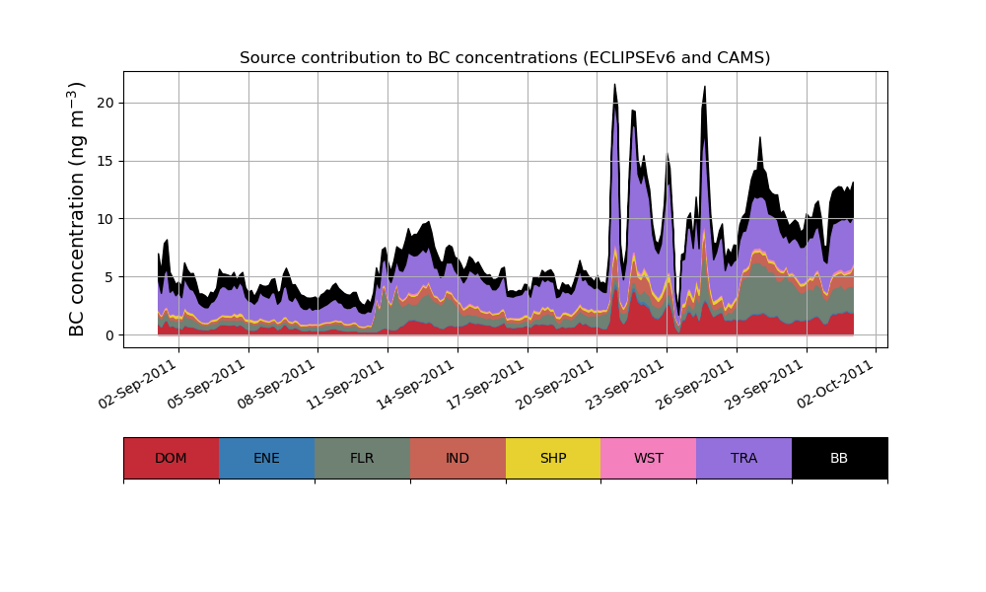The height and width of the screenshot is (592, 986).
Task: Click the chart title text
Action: [505, 58]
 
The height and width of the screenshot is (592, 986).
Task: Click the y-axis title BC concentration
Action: [78, 209]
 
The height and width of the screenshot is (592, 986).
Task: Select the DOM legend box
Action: [171, 458]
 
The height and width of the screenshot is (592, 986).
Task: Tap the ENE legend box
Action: [266, 458]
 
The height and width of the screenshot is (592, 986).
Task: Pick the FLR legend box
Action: [362, 458]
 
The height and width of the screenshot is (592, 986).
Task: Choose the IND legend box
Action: [458, 458]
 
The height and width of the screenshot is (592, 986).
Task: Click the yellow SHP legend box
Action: [553, 458]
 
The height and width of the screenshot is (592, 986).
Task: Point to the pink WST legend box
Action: [649, 458]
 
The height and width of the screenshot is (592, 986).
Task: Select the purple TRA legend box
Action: [744, 458]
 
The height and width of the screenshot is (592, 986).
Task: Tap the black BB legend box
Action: [839, 458]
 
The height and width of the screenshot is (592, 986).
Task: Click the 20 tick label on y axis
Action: [106, 103]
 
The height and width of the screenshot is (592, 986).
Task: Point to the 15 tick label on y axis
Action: [106, 161]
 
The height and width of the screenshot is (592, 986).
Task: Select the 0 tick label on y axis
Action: [109, 335]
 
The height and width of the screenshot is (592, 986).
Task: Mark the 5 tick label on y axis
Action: [109, 277]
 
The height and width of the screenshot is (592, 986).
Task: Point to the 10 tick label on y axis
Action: [106, 219]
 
